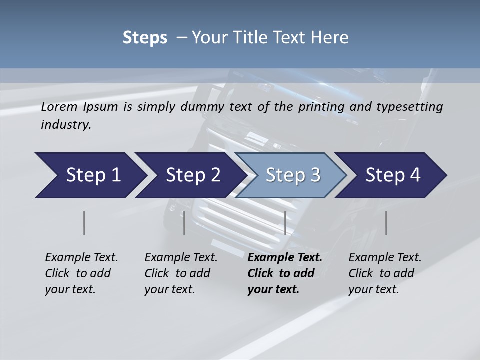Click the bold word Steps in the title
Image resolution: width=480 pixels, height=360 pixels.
pos(145,38)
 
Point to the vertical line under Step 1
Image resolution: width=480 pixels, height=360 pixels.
pos(84,223)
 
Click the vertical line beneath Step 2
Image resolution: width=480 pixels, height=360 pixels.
pos(184,223)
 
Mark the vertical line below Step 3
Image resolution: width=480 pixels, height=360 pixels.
pos(285,223)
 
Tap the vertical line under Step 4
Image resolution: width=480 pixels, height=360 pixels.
pos(386,223)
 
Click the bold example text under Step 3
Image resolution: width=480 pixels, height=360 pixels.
pos(284,273)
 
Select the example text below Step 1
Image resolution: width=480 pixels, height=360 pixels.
pos(81,273)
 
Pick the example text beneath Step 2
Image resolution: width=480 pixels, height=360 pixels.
pos(181,273)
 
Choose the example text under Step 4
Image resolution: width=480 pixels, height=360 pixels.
pos(385,273)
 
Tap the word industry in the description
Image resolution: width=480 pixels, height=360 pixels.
pos(66,125)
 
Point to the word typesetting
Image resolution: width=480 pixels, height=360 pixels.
pos(411,107)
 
